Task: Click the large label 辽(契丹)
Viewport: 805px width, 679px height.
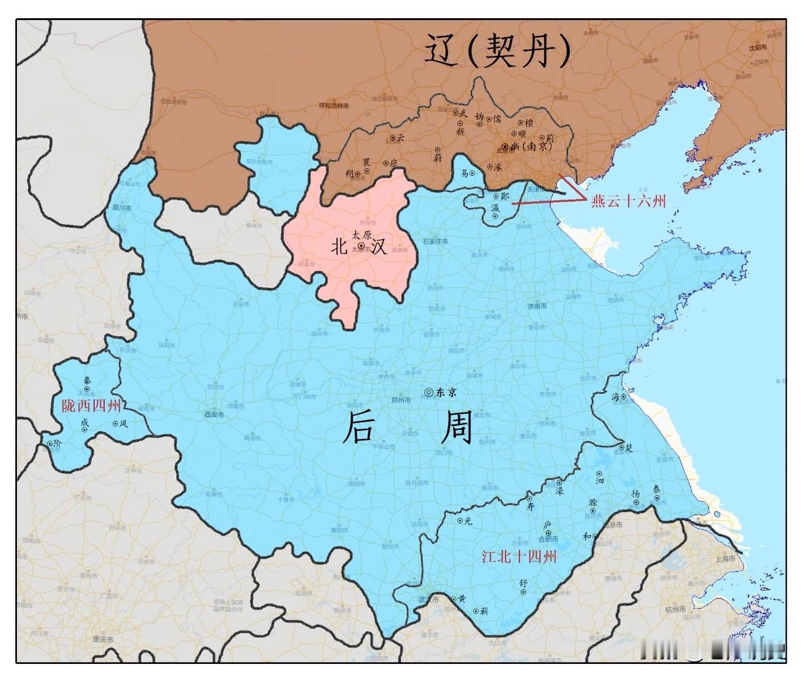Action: [497, 50]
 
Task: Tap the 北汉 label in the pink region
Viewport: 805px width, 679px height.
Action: [359, 246]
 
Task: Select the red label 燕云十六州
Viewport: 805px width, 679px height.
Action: [628, 201]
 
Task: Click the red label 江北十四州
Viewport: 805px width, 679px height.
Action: [519, 556]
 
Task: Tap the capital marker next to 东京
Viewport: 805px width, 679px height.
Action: [429, 391]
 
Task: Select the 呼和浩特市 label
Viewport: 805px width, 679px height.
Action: [334, 106]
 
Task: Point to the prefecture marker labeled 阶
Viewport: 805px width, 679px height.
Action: [50, 444]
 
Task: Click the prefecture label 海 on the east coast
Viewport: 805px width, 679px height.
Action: [615, 396]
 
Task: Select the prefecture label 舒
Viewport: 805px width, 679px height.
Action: [522, 583]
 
